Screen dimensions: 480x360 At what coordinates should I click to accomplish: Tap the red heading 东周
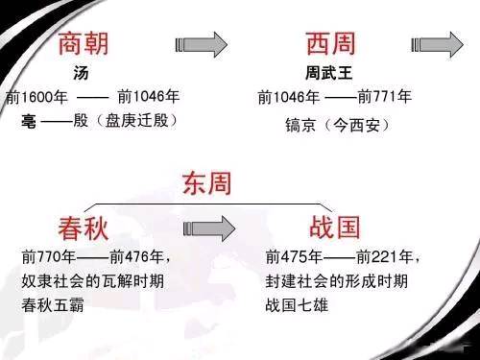pyautogui.click(x=206, y=181)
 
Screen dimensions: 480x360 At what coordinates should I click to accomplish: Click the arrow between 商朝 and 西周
pyautogui.click(x=203, y=43)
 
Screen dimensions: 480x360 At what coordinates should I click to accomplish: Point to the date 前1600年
pyautogui.click(x=35, y=97)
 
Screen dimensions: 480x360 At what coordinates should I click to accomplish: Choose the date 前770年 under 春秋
pyautogui.click(x=50, y=258)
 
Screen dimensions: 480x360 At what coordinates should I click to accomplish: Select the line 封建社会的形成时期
pyautogui.click(x=337, y=283)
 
